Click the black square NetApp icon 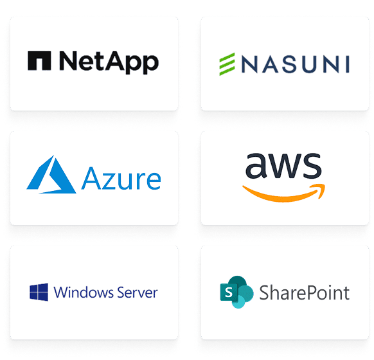click(39, 60)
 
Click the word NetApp click(109, 62)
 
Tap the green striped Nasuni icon click(227, 64)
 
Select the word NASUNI click(296, 64)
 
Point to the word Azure click(121, 179)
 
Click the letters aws click(283, 166)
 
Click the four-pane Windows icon click(39, 292)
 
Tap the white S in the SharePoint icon click(229, 292)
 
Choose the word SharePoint click(305, 292)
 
